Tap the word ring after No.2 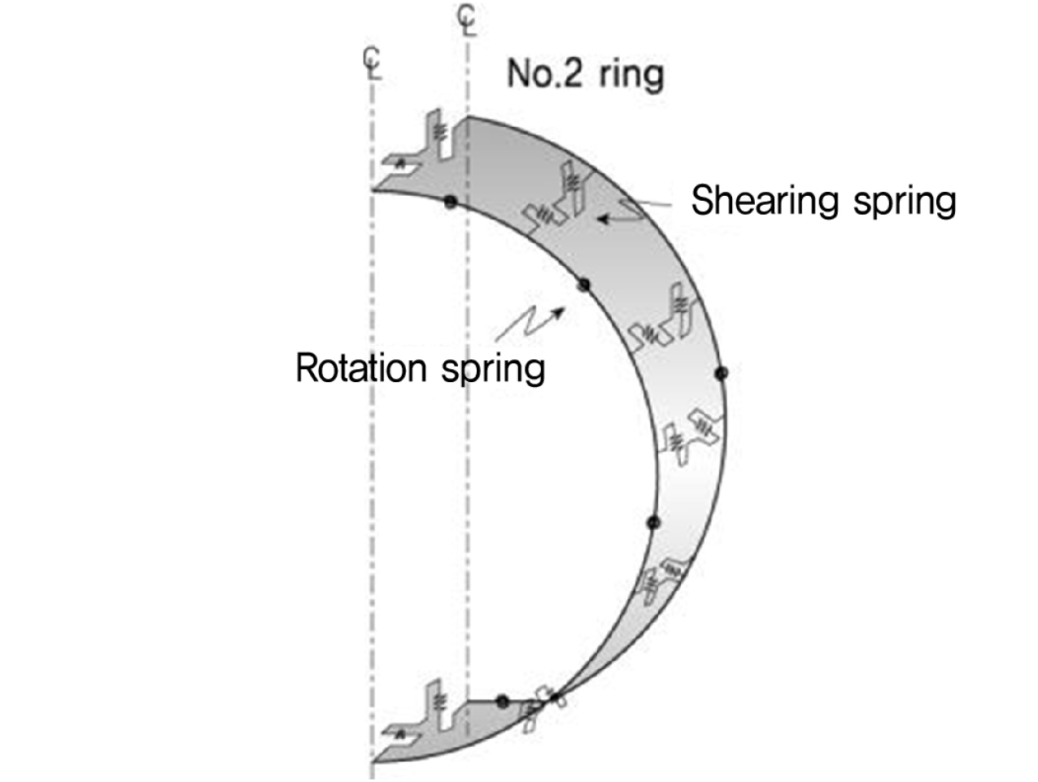click(630, 76)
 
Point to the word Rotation click(361, 367)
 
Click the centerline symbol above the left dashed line click(373, 63)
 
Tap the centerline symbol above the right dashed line click(467, 20)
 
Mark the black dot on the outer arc click(722, 373)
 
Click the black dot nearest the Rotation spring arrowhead click(584, 285)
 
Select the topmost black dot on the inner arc click(451, 202)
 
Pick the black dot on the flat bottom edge click(503, 702)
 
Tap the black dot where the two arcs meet click(555, 697)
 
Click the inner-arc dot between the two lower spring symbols click(653, 522)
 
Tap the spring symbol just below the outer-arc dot click(691, 437)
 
